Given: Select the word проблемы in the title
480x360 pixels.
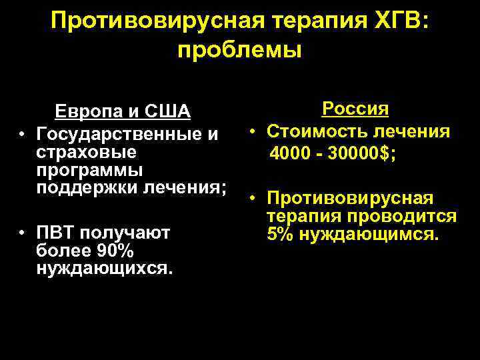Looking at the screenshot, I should point(239,49).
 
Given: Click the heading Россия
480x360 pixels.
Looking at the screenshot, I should point(356,108).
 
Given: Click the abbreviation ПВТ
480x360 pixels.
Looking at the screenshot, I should point(57,233).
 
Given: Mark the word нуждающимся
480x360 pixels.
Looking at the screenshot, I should point(371,234).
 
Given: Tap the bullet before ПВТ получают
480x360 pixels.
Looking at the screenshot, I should point(23,233).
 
